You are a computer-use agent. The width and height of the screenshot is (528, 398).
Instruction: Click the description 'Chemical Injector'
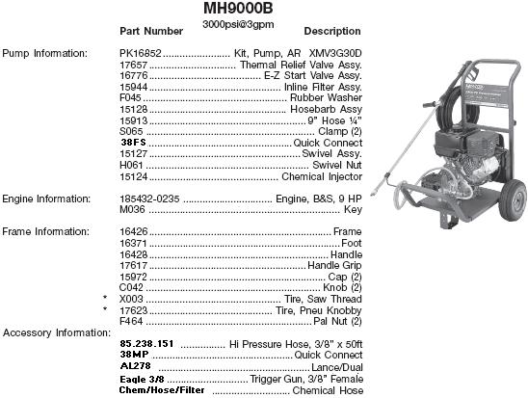click(321, 176)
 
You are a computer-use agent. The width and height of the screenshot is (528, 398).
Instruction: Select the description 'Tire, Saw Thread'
click(323, 300)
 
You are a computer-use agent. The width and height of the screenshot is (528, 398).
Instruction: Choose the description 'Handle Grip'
click(334, 266)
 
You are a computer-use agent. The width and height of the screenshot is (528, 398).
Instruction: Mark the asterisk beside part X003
click(105, 300)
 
